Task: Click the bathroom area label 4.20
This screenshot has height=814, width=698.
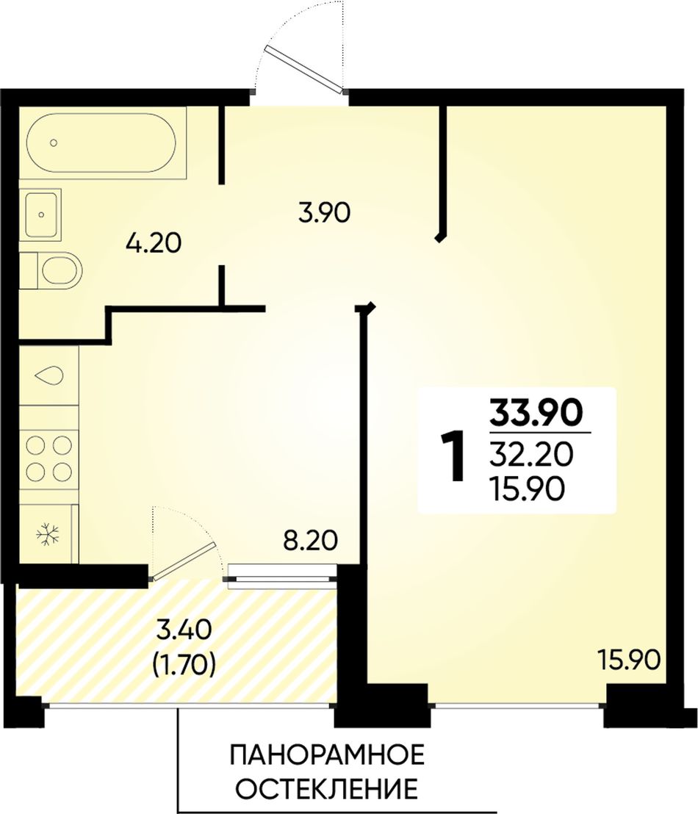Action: click(154, 243)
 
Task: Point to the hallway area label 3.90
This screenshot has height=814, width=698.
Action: click(324, 213)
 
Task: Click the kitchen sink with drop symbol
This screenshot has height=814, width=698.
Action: click(48, 375)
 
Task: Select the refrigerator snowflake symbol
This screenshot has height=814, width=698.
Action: click(48, 533)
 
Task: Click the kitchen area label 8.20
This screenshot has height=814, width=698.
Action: click(311, 541)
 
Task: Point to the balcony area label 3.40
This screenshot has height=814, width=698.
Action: click(184, 631)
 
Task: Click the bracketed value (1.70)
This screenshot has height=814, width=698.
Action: click(183, 665)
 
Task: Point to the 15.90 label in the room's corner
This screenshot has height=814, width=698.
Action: click(629, 661)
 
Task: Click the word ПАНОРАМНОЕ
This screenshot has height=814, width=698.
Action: click(327, 754)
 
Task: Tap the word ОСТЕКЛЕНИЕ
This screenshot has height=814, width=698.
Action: click(327, 789)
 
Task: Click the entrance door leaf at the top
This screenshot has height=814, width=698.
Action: click(306, 70)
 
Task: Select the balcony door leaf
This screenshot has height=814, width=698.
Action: click(184, 561)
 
